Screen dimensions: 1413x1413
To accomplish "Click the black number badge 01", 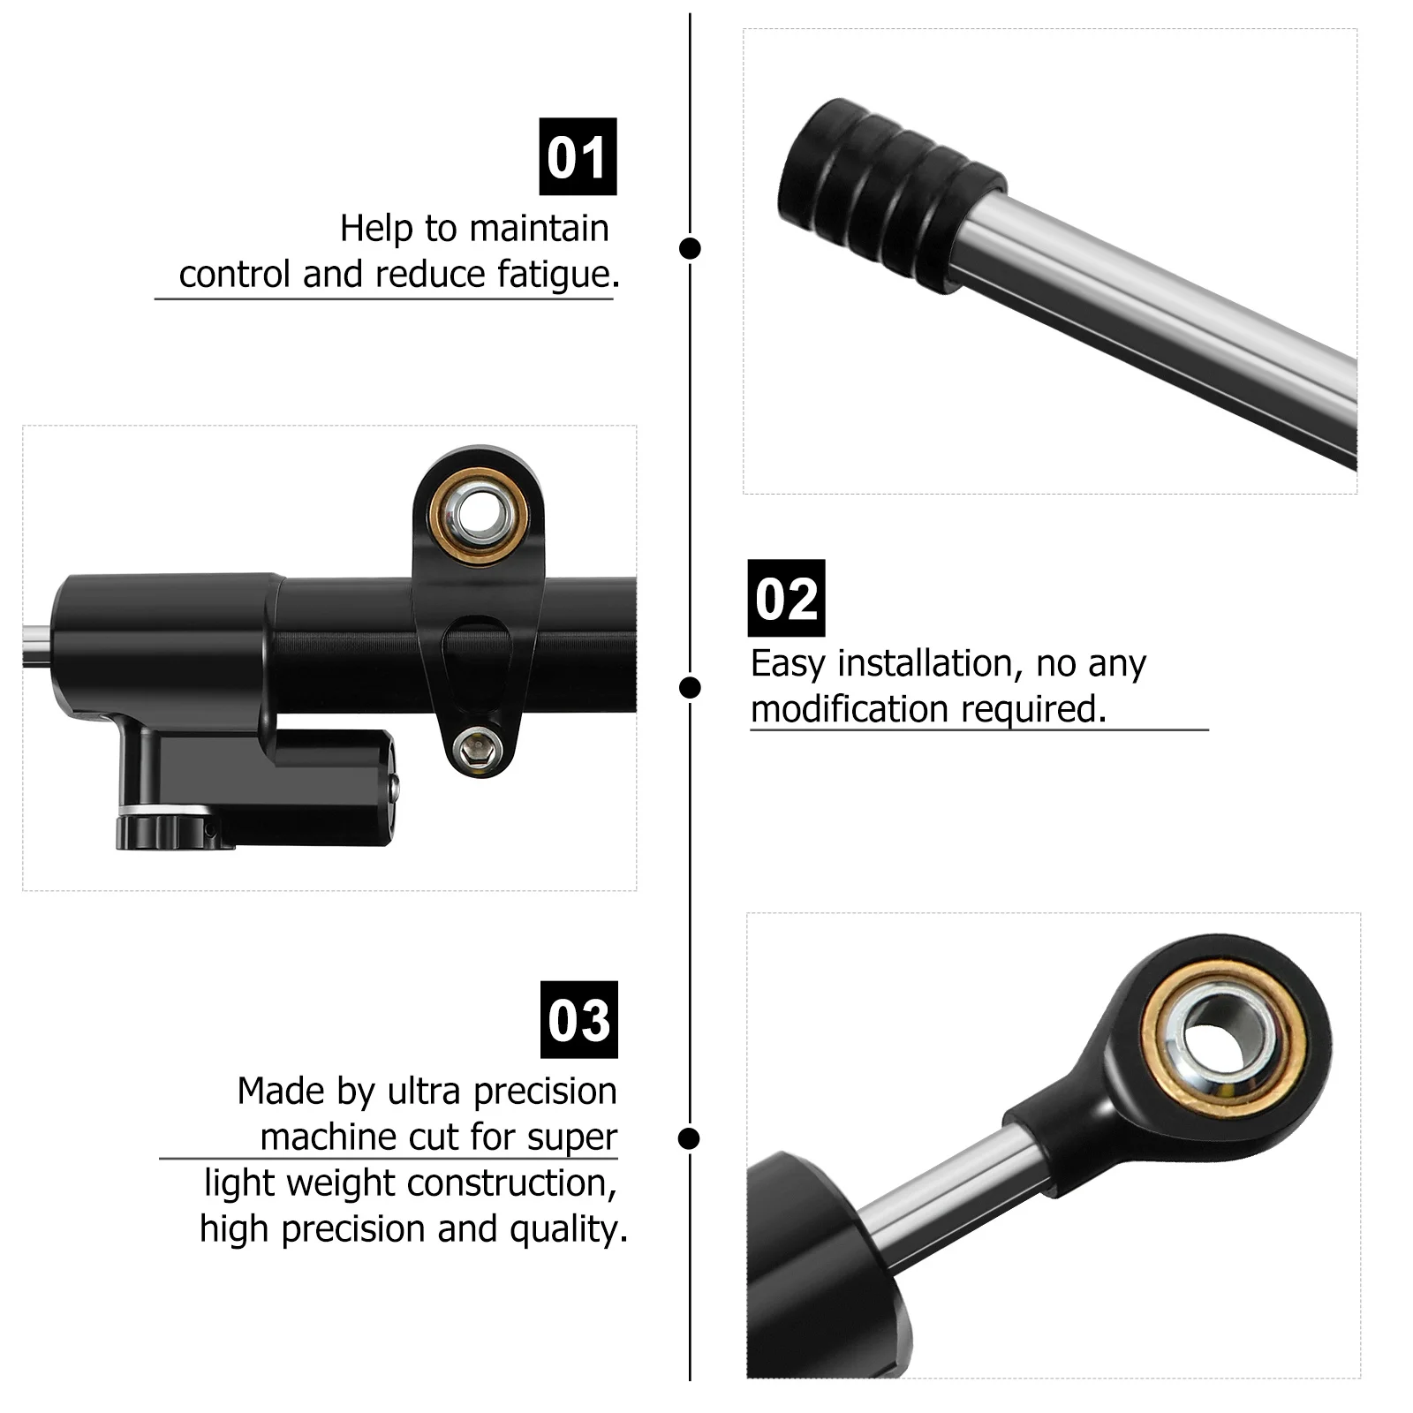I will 578,156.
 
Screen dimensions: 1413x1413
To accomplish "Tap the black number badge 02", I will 786,598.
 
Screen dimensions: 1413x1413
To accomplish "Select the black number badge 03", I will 578,1019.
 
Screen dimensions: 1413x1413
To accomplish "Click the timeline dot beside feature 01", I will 690,248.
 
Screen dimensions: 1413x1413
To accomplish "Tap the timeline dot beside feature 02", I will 690,687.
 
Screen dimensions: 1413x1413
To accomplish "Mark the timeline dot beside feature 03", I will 689,1138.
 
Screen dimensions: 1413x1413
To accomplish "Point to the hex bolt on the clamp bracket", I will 478,749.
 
